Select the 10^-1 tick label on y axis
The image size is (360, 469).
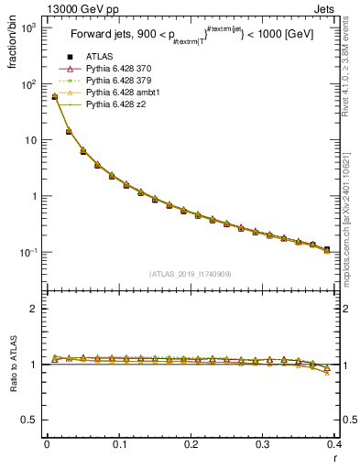point(29,253)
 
